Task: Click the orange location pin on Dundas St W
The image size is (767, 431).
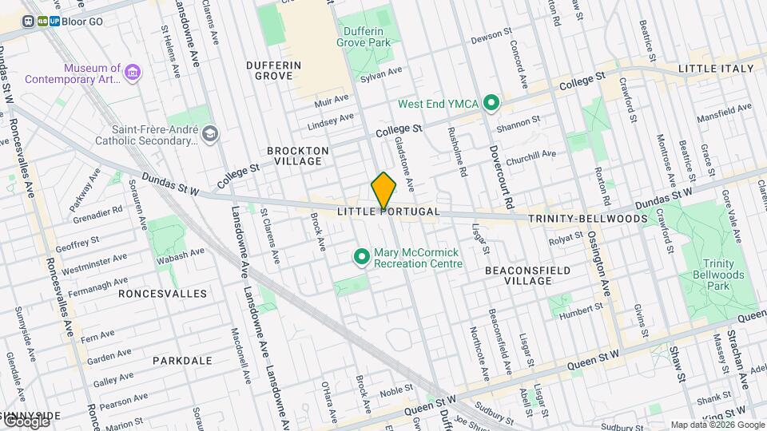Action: [383, 192]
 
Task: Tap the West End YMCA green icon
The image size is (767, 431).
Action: [492, 104]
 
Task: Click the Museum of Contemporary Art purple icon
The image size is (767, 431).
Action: [133, 73]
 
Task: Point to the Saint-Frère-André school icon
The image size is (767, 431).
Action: [210, 133]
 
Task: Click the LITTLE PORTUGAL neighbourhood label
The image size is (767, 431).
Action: [388, 212]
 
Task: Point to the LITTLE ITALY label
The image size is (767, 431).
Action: [716, 69]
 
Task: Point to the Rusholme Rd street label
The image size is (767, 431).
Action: [458, 152]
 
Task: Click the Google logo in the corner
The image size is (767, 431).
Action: [26, 421]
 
